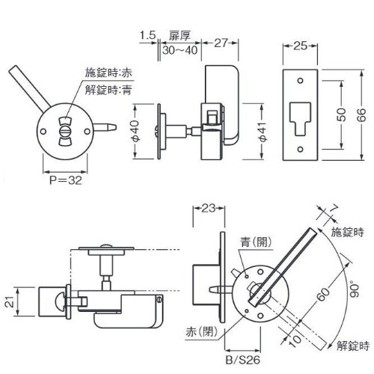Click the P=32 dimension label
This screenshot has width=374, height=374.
66,180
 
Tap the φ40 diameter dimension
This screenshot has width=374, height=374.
136,131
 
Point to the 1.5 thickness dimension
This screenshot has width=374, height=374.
147,35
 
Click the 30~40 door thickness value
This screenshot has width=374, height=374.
180,50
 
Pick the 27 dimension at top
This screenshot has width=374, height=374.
221,43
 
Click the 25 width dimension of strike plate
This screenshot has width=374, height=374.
300,46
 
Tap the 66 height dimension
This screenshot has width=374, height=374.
363,115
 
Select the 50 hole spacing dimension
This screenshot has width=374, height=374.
343,114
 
